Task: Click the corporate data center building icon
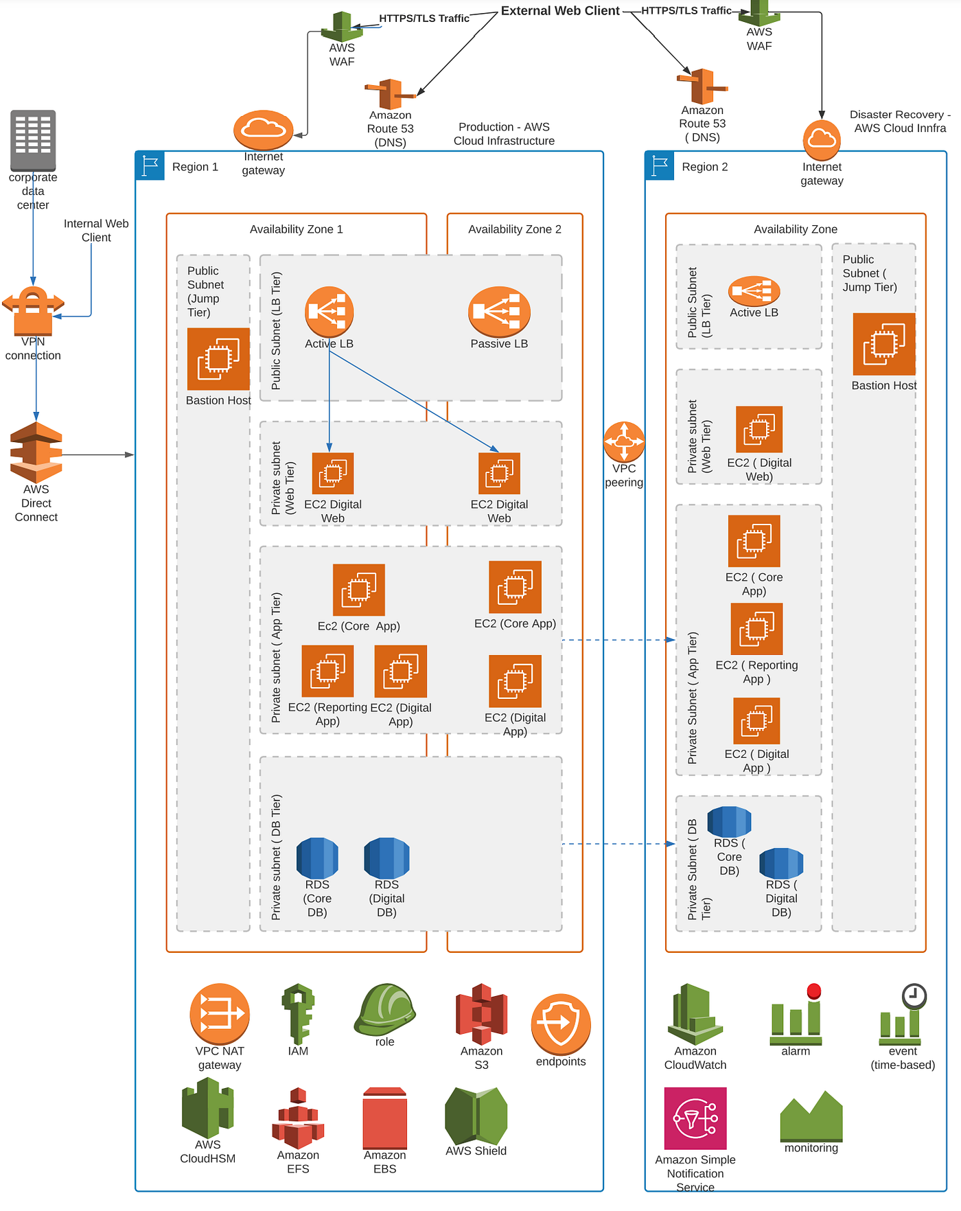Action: (x=33, y=140)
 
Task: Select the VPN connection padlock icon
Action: (x=33, y=311)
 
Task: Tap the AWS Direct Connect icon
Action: (x=36, y=452)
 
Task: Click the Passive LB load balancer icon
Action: (x=499, y=312)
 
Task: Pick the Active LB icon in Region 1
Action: (x=329, y=312)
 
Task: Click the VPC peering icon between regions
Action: (x=624, y=442)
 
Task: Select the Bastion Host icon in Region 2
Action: (x=884, y=344)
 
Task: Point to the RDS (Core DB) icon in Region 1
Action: (x=317, y=857)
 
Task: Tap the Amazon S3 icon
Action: (x=482, y=1014)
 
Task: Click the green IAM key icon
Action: (x=298, y=1014)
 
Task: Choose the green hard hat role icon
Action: (x=385, y=1009)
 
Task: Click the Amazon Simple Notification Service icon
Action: (x=695, y=1118)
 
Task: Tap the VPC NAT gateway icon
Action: (x=220, y=1014)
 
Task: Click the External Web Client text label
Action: (x=560, y=11)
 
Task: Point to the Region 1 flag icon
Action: (x=150, y=166)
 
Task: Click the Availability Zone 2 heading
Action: (x=515, y=229)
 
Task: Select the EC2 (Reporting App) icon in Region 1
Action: (x=327, y=671)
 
